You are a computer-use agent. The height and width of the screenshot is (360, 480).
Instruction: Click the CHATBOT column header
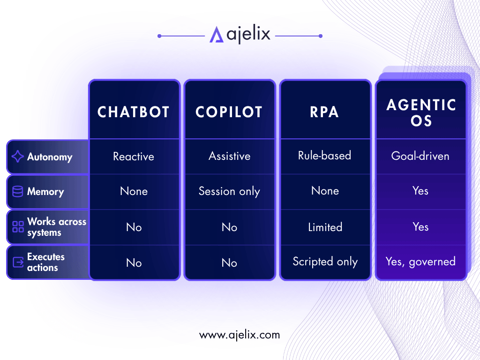[x=134, y=112]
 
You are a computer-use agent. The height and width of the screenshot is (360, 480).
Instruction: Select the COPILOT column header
[x=229, y=112]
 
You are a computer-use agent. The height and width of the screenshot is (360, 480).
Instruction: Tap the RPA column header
[x=324, y=112]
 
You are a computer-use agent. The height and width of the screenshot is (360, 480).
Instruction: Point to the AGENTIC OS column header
[x=421, y=112]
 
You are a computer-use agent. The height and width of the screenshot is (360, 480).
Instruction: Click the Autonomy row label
[x=50, y=157]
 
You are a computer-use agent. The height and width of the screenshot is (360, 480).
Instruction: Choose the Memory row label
[x=45, y=192]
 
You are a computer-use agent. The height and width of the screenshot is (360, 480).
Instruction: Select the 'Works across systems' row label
[x=57, y=227]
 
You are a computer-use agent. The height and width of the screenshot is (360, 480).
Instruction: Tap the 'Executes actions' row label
[x=46, y=262]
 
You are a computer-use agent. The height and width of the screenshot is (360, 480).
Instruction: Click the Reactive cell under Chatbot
[x=134, y=157]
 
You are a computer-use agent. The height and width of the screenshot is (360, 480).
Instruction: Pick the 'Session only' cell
[x=229, y=191]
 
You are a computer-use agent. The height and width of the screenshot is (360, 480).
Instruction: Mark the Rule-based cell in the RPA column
[x=324, y=156]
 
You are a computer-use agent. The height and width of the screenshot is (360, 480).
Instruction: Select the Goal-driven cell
[x=420, y=156]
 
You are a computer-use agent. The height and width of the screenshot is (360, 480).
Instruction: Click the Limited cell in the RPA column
[x=325, y=227]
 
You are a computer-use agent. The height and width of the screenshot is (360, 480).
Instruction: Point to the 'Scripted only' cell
[x=325, y=262]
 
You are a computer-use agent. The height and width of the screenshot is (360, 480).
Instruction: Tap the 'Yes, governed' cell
[x=420, y=262]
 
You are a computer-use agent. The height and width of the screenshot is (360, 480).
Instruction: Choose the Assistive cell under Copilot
[x=230, y=156]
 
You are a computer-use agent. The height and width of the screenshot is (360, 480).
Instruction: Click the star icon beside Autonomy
[x=17, y=157]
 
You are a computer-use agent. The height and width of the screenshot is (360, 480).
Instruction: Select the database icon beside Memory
[x=17, y=192]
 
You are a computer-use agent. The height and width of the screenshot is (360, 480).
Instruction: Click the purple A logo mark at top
[x=217, y=34]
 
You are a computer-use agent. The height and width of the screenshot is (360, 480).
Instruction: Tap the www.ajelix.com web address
[x=240, y=335]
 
